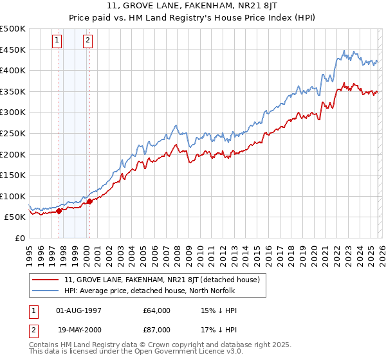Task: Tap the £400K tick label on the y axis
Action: pos(13,70)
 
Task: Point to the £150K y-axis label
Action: pos(13,175)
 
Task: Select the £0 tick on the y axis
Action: pos(20,238)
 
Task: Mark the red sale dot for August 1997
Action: pos(59,211)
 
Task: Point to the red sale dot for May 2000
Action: pos(89,201)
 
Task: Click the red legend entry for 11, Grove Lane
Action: pos(161,280)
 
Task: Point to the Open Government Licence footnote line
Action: pos(136,352)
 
